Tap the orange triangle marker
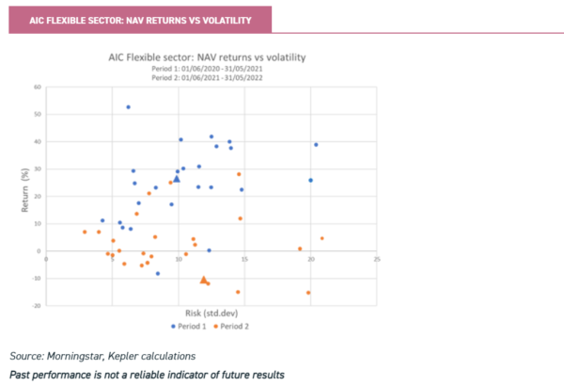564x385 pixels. (x=204, y=280)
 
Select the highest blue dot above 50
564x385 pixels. (x=128, y=106)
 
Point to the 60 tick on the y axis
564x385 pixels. (x=39, y=87)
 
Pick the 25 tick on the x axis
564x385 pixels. (x=376, y=259)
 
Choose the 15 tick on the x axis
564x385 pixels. (x=244, y=259)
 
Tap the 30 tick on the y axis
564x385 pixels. (x=39, y=169)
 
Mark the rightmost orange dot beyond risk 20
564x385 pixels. (x=321, y=238)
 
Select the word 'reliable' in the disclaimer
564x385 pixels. (x=144, y=375)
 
